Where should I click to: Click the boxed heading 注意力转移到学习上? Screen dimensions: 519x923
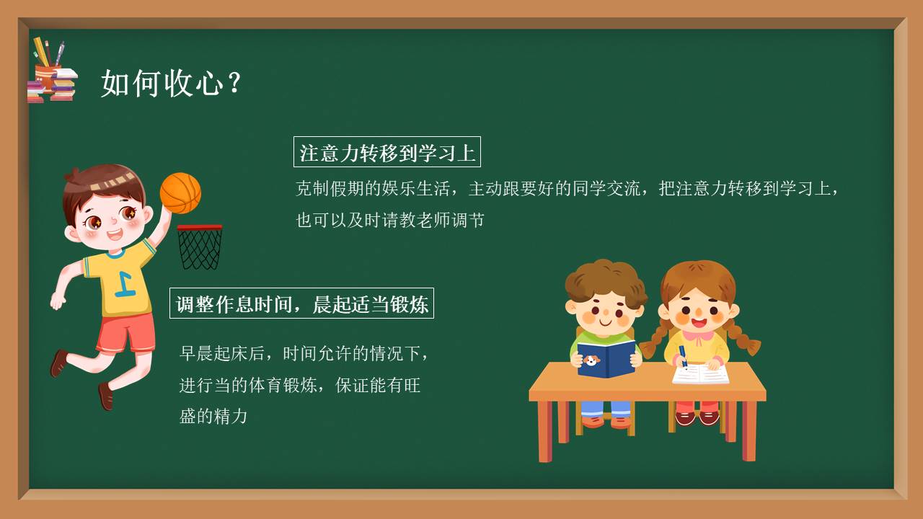coord(387,153)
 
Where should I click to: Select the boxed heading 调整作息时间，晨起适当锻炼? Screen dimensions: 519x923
coord(302,304)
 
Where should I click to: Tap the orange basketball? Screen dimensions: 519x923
coord(180,192)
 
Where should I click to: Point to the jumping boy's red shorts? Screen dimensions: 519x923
coord(126,332)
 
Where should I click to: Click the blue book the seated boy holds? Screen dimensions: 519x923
coord(605,359)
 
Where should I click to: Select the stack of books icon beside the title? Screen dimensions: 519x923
coord(52,85)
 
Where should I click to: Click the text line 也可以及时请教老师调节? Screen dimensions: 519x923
coord(390,220)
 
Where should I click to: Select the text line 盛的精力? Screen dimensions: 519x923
coord(213,416)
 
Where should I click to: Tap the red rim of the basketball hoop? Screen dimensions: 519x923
coord(200,228)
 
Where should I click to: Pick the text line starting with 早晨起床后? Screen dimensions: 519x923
coord(305,353)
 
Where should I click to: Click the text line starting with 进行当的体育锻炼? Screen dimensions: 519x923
coord(300,385)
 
